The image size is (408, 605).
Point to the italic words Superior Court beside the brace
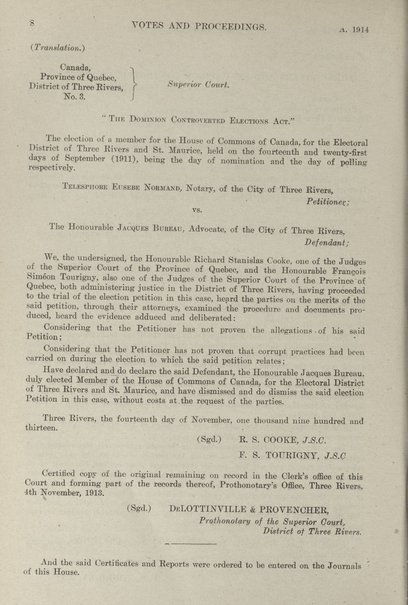click(x=198, y=85)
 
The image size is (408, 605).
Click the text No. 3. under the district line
click(x=75, y=97)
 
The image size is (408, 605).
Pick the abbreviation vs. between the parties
click(x=198, y=210)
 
